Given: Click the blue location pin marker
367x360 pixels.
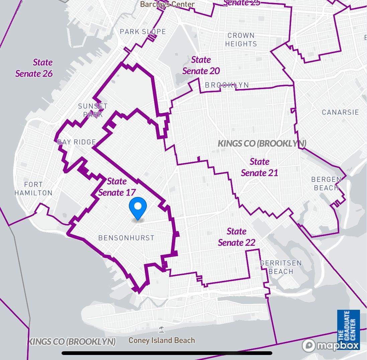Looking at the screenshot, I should pyautogui.click(x=137, y=207).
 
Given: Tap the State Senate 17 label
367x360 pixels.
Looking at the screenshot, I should pyautogui.click(x=117, y=187).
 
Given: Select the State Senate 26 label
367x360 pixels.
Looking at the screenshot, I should pyautogui.click(x=34, y=68).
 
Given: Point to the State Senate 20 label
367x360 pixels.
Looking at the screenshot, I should pyautogui.click(x=201, y=65).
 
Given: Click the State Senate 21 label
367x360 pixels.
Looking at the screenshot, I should pyautogui.click(x=260, y=167).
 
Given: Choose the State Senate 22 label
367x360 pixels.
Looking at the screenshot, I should pyautogui.click(x=237, y=237).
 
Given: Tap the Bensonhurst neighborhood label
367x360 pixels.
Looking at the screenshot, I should pyautogui.click(x=126, y=238).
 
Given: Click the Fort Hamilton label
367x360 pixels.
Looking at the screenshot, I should pyautogui.click(x=33, y=189).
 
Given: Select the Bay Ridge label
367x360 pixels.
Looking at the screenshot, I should pyautogui.click(x=77, y=142).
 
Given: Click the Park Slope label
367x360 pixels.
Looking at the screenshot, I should pyautogui.click(x=143, y=31).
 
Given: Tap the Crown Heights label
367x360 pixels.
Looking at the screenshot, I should pyautogui.click(x=241, y=40).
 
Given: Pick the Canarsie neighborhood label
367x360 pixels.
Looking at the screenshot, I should pyautogui.click(x=340, y=112).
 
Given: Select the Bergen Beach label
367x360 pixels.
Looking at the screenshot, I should pyautogui.click(x=326, y=184).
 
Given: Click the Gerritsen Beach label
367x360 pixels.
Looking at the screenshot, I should pyautogui.click(x=281, y=267).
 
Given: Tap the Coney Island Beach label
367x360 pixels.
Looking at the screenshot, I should pyautogui.click(x=162, y=341).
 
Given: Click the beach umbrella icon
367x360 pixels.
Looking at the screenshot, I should pyautogui.click(x=162, y=330).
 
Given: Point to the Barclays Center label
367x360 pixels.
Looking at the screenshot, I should pyautogui.click(x=167, y=4).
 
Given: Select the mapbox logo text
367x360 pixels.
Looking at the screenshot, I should pyautogui.click(x=337, y=346).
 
